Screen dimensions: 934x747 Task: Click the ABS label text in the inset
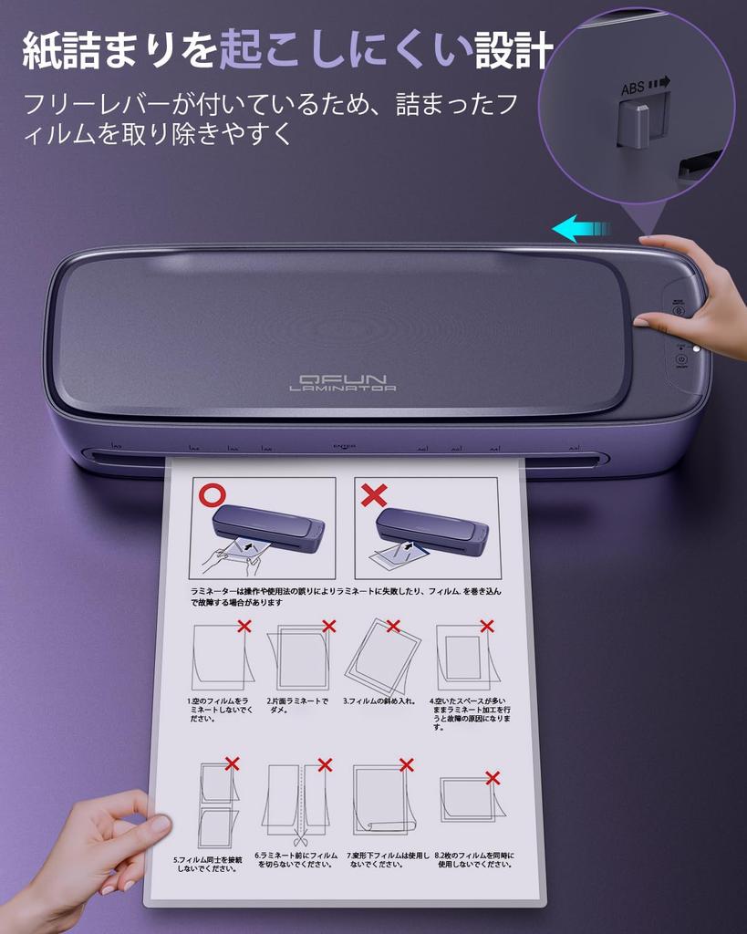pyautogui.click(x=633, y=88)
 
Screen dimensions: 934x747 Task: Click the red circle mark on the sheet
pyautogui.click(x=213, y=495)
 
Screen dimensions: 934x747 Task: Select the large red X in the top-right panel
pyautogui.click(x=374, y=495)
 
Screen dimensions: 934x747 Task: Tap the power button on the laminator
pyautogui.click(x=681, y=359)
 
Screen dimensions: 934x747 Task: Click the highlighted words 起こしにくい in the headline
pyautogui.click(x=346, y=51)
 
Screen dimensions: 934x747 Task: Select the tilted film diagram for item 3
pyautogui.click(x=383, y=656)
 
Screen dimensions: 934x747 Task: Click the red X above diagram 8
pyautogui.click(x=493, y=777)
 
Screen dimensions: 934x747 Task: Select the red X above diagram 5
pyautogui.click(x=233, y=763)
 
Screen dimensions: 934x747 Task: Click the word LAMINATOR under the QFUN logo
pyautogui.click(x=342, y=389)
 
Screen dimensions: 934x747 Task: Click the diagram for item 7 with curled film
pyautogui.click(x=383, y=800)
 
